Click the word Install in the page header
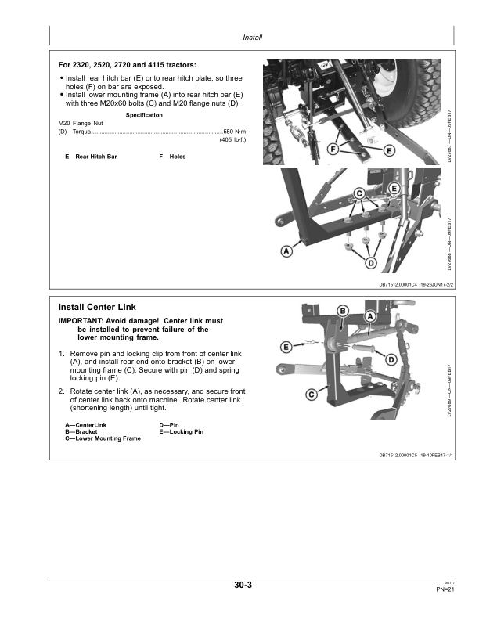coord(252,37)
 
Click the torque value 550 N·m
coord(236,131)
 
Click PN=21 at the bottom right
coord(445,591)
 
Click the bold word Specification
coord(144,115)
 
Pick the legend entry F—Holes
coord(172,157)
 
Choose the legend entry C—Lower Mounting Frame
coord(103,438)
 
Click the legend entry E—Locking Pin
coord(181,432)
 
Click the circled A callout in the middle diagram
coord(286,251)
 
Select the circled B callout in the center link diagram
coord(343,312)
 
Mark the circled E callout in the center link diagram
coord(286,346)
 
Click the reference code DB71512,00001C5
coord(402,454)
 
